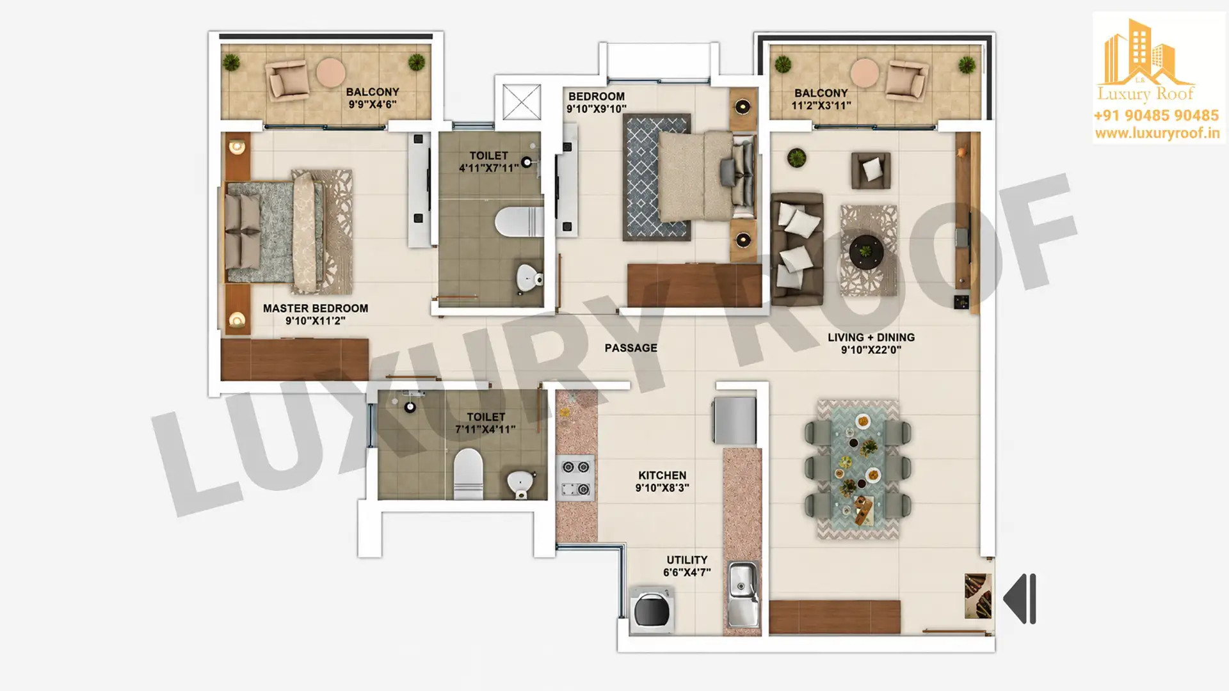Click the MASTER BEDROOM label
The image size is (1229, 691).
click(x=315, y=308)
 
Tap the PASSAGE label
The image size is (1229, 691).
click(x=631, y=348)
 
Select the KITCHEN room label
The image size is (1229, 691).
click(x=662, y=475)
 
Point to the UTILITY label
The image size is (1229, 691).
click(x=687, y=560)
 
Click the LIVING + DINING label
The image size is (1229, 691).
click(x=871, y=337)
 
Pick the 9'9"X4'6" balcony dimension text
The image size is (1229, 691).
click(x=373, y=104)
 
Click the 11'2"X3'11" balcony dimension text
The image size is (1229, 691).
click(x=821, y=106)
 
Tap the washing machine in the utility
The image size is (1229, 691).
click(x=652, y=610)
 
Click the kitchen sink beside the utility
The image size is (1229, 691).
click(x=743, y=594)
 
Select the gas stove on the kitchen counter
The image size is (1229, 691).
click(x=576, y=478)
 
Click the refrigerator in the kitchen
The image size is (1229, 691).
click(x=734, y=420)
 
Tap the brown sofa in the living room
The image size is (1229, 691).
click(x=796, y=249)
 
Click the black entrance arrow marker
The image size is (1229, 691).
click(x=1020, y=599)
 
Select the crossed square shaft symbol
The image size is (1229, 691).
click(x=521, y=102)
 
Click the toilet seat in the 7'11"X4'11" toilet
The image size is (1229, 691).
click(x=467, y=473)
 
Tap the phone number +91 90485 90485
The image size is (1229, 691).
click(x=1156, y=116)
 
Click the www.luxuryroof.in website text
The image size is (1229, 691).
click(x=1157, y=133)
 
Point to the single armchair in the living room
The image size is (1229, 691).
click(x=871, y=170)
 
